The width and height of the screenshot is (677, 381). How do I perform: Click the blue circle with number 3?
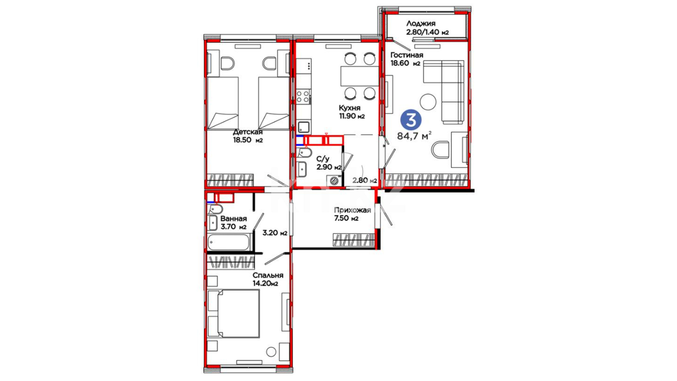click(411, 120)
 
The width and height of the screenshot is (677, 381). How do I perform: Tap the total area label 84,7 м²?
click(414, 135)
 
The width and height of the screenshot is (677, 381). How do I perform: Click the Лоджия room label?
click(421, 24)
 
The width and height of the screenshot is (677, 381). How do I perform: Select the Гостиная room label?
click(407, 55)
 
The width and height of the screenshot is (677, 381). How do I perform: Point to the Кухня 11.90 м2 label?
click(352, 112)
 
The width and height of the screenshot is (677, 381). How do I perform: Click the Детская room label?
click(248, 132)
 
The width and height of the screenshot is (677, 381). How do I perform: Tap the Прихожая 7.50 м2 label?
click(352, 214)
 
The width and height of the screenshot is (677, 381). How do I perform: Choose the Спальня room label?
click(268, 275)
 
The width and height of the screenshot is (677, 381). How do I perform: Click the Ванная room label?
click(233, 219)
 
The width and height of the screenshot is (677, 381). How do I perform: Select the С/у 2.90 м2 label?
click(329, 163)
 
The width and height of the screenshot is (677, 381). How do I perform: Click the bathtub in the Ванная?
click(228, 242)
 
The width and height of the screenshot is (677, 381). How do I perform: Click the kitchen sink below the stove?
click(304, 127)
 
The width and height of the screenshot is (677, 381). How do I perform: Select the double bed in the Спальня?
click(234, 314)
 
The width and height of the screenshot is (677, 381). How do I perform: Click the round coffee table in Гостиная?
click(428, 102)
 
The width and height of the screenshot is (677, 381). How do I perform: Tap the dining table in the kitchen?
click(360, 76)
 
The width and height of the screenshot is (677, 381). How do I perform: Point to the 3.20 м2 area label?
click(275, 233)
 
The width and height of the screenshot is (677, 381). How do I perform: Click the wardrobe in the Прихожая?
click(354, 240)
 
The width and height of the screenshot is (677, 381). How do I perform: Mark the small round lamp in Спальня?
click(271, 352)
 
